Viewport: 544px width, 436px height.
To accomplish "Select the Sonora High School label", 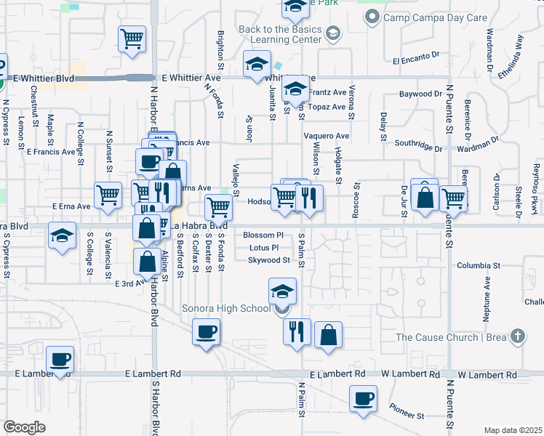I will tap(225, 309).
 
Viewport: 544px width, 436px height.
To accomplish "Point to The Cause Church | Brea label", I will tap(452, 336).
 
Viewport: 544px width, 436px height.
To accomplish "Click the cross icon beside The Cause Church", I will tap(517, 336).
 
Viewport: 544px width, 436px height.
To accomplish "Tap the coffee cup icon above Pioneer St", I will tap(363, 398).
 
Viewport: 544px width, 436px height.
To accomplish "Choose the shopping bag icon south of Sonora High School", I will tap(329, 335).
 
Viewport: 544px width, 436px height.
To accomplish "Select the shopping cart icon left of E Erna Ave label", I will tap(108, 194).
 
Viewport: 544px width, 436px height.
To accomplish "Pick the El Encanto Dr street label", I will tap(417, 62).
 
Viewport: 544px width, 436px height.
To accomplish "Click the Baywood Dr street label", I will tap(421, 94).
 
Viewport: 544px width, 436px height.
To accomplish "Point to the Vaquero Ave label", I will tap(327, 136).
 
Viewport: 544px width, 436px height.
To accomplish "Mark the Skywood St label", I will tap(268, 260).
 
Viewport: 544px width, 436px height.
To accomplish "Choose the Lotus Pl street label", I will tap(264, 248).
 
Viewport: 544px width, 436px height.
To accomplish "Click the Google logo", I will tap(24, 427).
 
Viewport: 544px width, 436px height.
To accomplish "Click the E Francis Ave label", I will tap(51, 152).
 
